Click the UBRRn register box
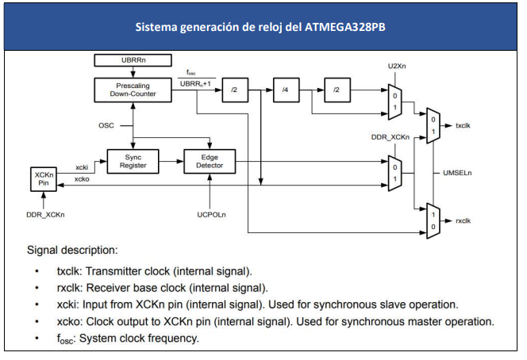(133, 60)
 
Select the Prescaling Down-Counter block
(133, 90)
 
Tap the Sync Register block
(133, 162)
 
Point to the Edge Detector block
(210, 162)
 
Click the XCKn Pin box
(44, 179)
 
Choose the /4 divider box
(286, 90)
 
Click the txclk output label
(463, 125)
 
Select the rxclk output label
(463, 221)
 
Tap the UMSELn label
(457, 173)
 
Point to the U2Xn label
(397, 66)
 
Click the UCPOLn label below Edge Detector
(211, 215)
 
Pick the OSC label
(106, 125)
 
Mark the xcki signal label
(82, 167)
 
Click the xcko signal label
(82, 179)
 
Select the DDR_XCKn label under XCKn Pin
(45, 215)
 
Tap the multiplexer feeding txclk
(433, 125)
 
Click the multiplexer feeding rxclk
(433, 221)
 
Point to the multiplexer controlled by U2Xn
(395, 102)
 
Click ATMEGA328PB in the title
(344, 27)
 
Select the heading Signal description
(72, 251)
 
